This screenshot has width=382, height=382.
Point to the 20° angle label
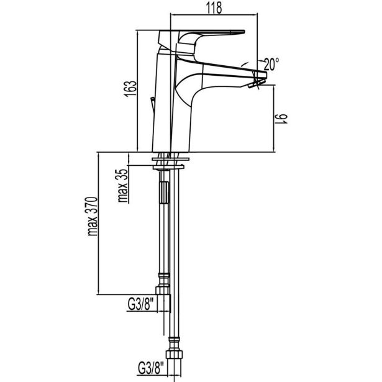coord(271,63)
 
